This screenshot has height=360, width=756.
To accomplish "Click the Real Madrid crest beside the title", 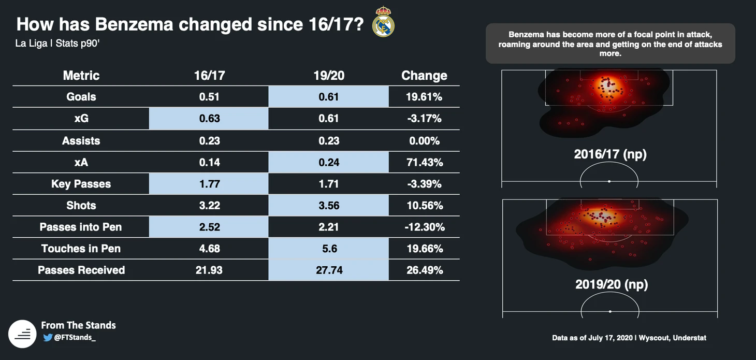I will pyautogui.click(x=383, y=22).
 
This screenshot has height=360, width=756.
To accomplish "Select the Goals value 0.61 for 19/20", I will pyautogui.click(x=329, y=97).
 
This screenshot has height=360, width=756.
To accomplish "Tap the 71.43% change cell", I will pyautogui.click(x=424, y=162).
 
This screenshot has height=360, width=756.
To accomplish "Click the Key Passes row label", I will pyautogui.click(x=81, y=184).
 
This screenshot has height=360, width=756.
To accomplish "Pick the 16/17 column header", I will pyautogui.click(x=209, y=76).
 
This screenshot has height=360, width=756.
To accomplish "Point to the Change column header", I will pyautogui.click(x=424, y=76).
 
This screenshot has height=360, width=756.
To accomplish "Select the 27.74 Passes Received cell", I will pyautogui.click(x=329, y=270).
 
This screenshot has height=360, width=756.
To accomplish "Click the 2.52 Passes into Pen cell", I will pyautogui.click(x=209, y=227).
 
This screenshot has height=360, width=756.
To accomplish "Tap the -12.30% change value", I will pyautogui.click(x=424, y=227).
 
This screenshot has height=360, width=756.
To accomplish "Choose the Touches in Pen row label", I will pyautogui.click(x=81, y=249).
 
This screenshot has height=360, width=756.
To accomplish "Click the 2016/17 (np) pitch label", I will pyautogui.click(x=610, y=154).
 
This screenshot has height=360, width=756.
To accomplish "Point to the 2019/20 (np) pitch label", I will pyautogui.click(x=612, y=284).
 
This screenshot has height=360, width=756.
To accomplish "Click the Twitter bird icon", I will pyautogui.click(x=48, y=338).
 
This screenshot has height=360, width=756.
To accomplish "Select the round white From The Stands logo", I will pyautogui.click(x=22, y=334).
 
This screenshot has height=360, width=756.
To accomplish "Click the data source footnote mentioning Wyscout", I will pyautogui.click(x=629, y=338).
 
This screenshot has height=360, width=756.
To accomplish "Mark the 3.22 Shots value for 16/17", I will pyautogui.click(x=209, y=205).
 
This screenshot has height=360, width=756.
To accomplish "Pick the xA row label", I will pyautogui.click(x=81, y=162).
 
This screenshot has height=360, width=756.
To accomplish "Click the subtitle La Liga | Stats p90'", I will pyautogui.click(x=57, y=44).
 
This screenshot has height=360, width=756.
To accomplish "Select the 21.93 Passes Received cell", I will pyautogui.click(x=209, y=270).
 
